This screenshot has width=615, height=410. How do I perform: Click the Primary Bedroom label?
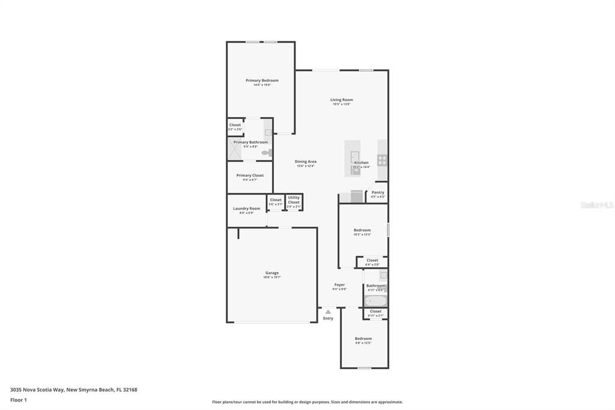[x=262, y=81]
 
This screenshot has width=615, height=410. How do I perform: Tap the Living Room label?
[x=341, y=100]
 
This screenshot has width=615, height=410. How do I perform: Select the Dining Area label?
[x=305, y=162]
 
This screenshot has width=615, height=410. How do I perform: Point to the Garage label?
[x=271, y=273]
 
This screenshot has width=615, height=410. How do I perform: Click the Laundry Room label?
[x=246, y=209]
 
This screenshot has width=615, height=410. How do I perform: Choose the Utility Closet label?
[x=294, y=200]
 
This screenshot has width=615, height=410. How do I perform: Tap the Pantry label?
[x=378, y=192]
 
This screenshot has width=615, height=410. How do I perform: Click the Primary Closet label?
[x=250, y=176]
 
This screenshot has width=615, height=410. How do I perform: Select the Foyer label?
[x=339, y=285]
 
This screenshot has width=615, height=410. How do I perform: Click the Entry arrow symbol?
[x=328, y=311]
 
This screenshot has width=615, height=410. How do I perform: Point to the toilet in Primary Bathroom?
[x=266, y=153]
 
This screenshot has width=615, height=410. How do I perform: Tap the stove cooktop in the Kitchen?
[x=382, y=161]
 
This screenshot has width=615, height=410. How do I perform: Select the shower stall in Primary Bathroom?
[x=235, y=149]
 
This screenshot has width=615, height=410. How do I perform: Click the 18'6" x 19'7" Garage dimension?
[x=271, y=277]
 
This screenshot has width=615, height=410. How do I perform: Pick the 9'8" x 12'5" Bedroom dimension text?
[x=363, y=343]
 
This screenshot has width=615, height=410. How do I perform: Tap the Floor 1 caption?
[x=19, y=400]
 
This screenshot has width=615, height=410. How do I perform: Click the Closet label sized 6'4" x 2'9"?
[x=372, y=260]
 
